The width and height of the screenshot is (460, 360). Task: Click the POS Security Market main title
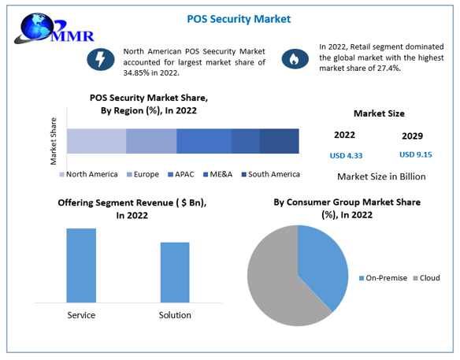tap(228, 18)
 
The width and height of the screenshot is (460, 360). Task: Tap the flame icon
tap(294, 58)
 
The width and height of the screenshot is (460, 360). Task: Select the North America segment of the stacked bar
tap(96, 141)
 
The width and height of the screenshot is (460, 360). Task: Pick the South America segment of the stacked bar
tap(279, 141)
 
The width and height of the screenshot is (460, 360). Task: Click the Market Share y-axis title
tap(54, 141)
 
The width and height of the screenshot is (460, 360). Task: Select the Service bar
tap(81, 265)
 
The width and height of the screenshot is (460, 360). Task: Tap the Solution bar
tap(175, 272)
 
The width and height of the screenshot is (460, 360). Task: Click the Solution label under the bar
tap(175, 315)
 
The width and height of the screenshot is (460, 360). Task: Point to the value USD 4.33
tap(345, 156)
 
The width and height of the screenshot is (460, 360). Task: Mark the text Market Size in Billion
tap(381, 176)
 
